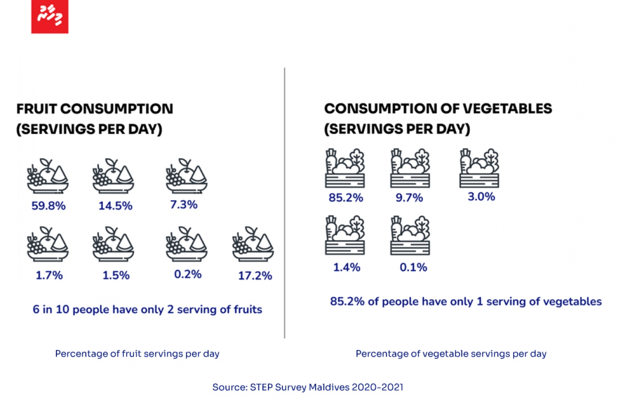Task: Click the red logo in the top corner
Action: click(x=50, y=16)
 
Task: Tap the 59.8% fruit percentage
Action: click(x=49, y=206)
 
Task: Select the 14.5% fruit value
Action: click(x=115, y=206)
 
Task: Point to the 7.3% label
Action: click(x=184, y=204)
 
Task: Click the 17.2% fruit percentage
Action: click(x=255, y=276)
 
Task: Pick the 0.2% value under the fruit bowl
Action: click(x=188, y=274)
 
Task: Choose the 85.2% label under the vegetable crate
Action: click(x=346, y=198)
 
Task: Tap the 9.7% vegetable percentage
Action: click(x=409, y=198)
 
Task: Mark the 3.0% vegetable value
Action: click(x=481, y=196)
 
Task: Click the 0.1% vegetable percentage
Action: click(x=413, y=267)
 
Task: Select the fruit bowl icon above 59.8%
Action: click(x=47, y=176)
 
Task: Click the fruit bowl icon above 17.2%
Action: click(x=253, y=244)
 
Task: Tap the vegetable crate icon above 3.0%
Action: click(x=479, y=168)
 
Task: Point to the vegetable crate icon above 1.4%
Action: click(x=345, y=235)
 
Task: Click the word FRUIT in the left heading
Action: click(x=37, y=109)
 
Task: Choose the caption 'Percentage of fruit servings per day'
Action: click(x=137, y=354)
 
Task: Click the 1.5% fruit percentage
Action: click(x=116, y=275)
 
